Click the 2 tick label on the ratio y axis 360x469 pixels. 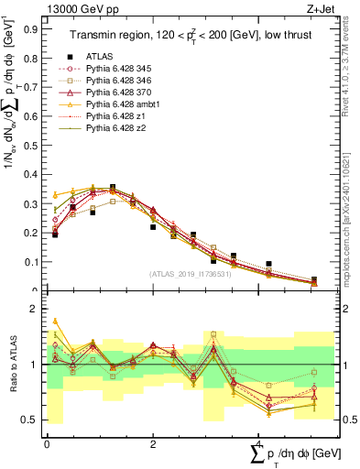tap(37, 310)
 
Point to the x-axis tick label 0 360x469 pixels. tap(48, 442)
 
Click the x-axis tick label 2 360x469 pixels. tap(153, 442)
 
